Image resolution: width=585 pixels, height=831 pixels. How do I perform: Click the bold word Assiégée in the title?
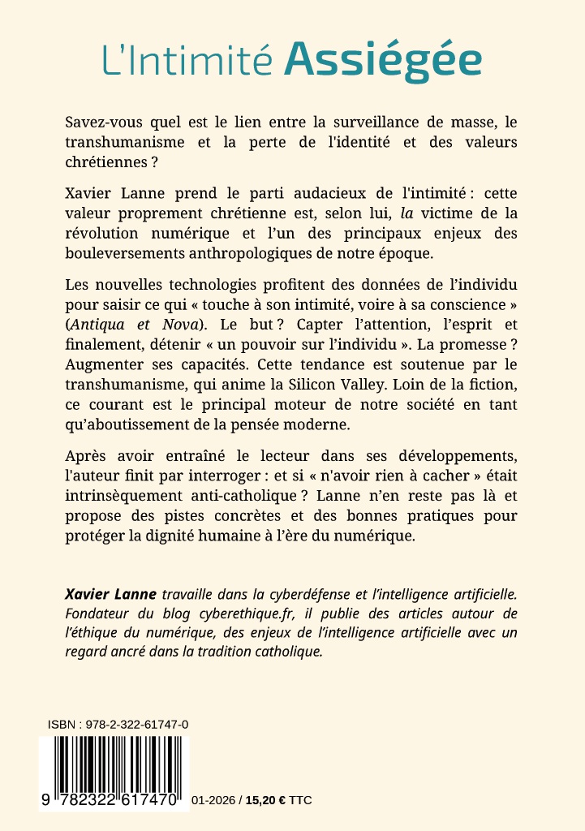pyautogui.click(x=382, y=60)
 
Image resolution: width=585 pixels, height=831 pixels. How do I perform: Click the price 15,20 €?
pyautogui.click(x=264, y=800)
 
